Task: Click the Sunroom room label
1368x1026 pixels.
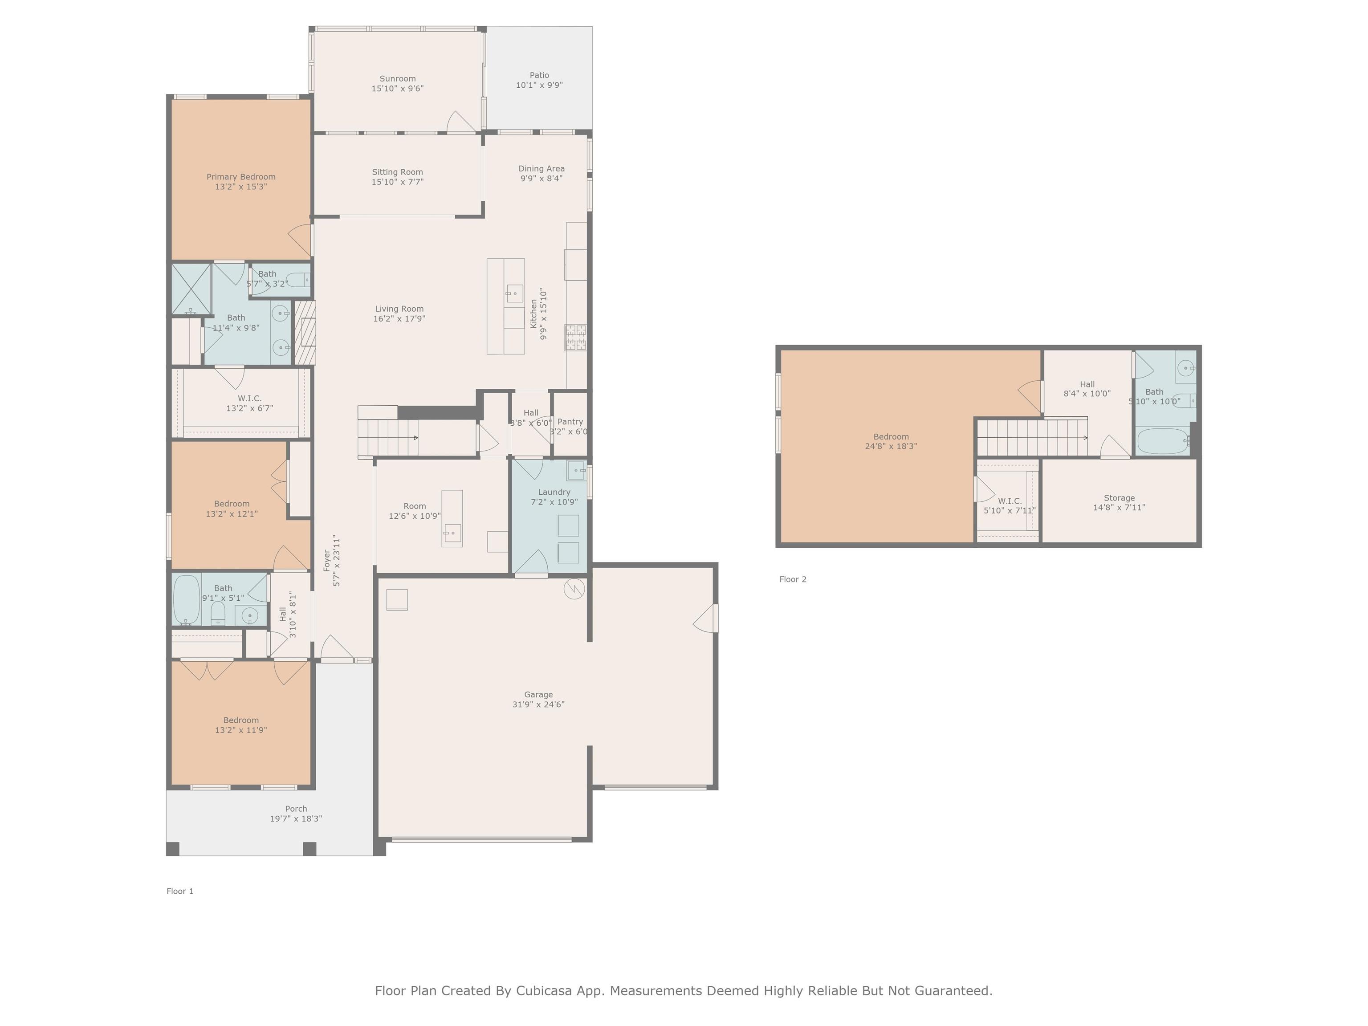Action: [x=398, y=78]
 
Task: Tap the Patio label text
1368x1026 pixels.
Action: [x=539, y=75]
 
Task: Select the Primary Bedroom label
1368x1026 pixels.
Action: [x=241, y=177]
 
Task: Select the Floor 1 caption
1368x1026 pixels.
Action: [x=180, y=891]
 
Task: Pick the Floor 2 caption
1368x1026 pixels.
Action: [x=793, y=579]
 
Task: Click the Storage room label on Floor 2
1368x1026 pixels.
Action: [x=1120, y=498]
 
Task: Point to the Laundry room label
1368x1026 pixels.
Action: [x=554, y=492]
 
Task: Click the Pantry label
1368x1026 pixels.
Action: [x=570, y=422]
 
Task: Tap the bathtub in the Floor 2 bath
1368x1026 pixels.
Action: [x=1163, y=441]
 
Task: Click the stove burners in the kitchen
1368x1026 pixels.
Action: [x=576, y=338]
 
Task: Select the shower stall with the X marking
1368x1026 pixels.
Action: [x=191, y=289]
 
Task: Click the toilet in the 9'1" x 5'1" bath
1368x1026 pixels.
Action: [x=218, y=614]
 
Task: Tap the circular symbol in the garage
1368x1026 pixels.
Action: [x=574, y=588]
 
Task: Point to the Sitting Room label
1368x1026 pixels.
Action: [x=398, y=172]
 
